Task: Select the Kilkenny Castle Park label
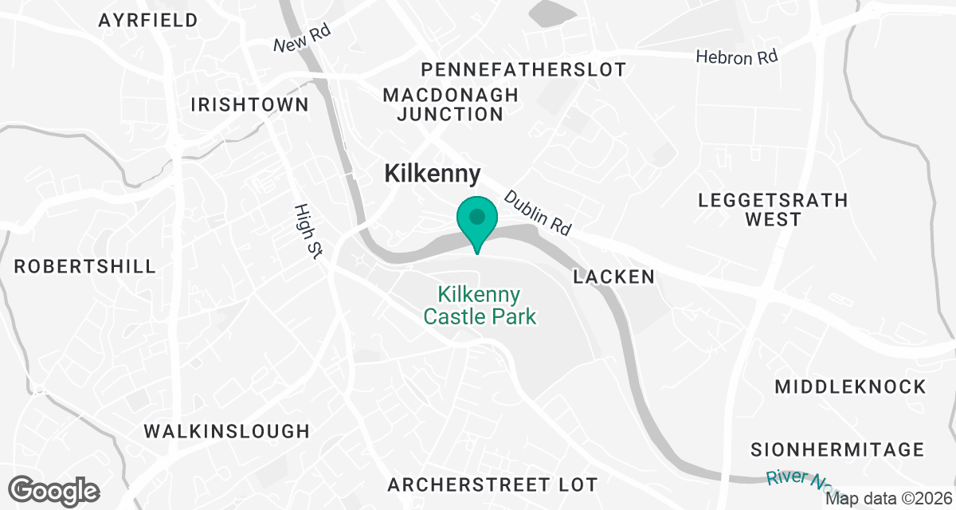click(x=480, y=306)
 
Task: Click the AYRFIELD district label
click(x=148, y=21)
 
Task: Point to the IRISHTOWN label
click(x=250, y=105)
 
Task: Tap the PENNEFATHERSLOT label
click(x=524, y=69)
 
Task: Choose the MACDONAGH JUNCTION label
click(x=450, y=104)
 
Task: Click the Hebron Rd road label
click(x=736, y=57)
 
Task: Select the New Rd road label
click(x=301, y=37)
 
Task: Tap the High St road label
click(x=307, y=231)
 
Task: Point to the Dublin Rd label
click(x=539, y=213)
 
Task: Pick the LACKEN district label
click(x=614, y=277)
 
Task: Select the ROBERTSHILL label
click(x=85, y=266)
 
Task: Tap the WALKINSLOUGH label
click(x=226, y=431)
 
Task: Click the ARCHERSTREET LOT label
click(x=492, y=484)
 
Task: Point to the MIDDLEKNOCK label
click(x=851, y=387)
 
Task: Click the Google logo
click(x=55, y=489)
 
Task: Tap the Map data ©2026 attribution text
click(x=888, y=499)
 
